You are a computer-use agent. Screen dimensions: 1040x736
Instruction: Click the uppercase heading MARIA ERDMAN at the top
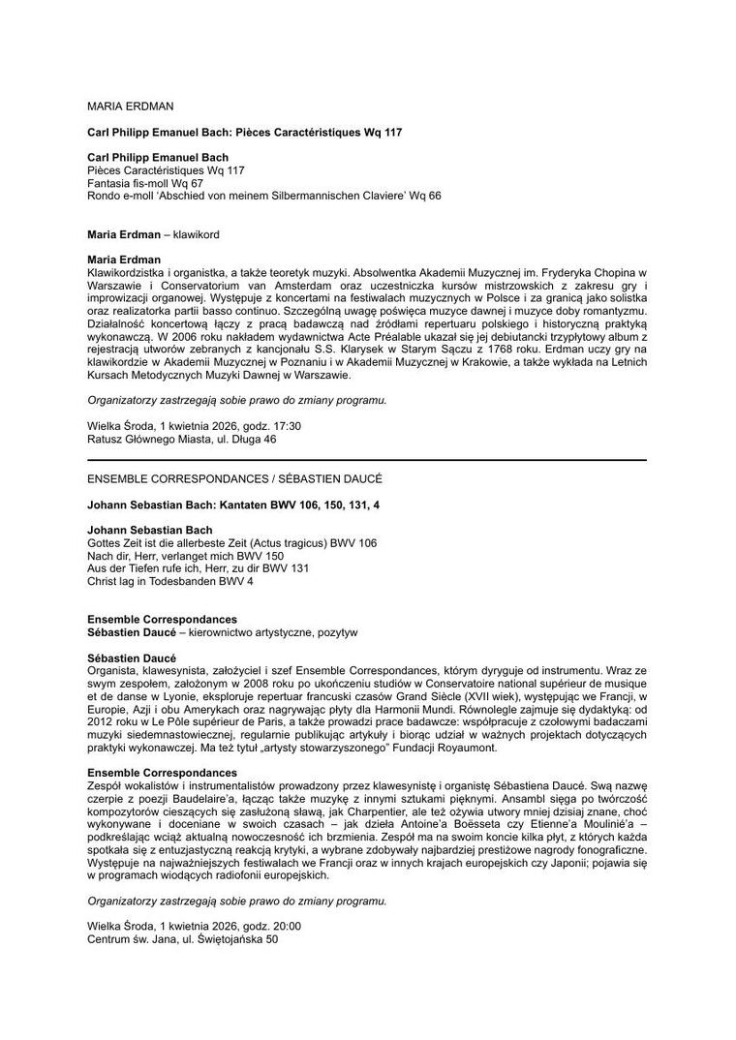[130, 105]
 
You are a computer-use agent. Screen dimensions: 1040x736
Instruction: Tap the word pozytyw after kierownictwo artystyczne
[333, 632]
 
